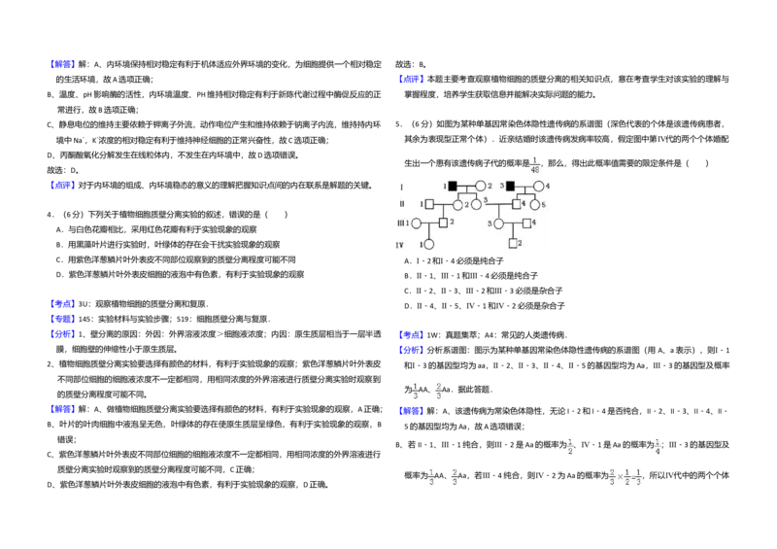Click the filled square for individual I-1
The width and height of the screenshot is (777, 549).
(453, 186)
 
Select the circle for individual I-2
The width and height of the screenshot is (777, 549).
(480, 186)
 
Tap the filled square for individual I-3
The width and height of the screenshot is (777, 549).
(510, 186)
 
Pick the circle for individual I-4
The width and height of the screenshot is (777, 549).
(538, 186)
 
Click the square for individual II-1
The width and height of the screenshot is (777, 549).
(429, 204)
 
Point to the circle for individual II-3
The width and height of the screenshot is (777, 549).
(476, 204)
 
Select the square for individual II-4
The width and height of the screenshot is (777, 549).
(517, 204)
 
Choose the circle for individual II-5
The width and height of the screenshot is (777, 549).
(534, 204)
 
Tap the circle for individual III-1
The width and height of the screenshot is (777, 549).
(416, 223)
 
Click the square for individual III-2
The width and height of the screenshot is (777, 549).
(443, 223)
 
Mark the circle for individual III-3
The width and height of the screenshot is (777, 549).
(498, 223)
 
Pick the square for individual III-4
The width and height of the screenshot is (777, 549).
(526, 223)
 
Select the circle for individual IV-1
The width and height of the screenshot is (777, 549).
(428, 244)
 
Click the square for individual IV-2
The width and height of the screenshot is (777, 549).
(513, 243)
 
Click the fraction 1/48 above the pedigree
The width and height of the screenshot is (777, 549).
(534, 164)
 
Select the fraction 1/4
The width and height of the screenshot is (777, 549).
(659, 447)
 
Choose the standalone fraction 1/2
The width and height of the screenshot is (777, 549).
(570, 447)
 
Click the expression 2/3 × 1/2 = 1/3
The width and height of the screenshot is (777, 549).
(625, 477)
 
